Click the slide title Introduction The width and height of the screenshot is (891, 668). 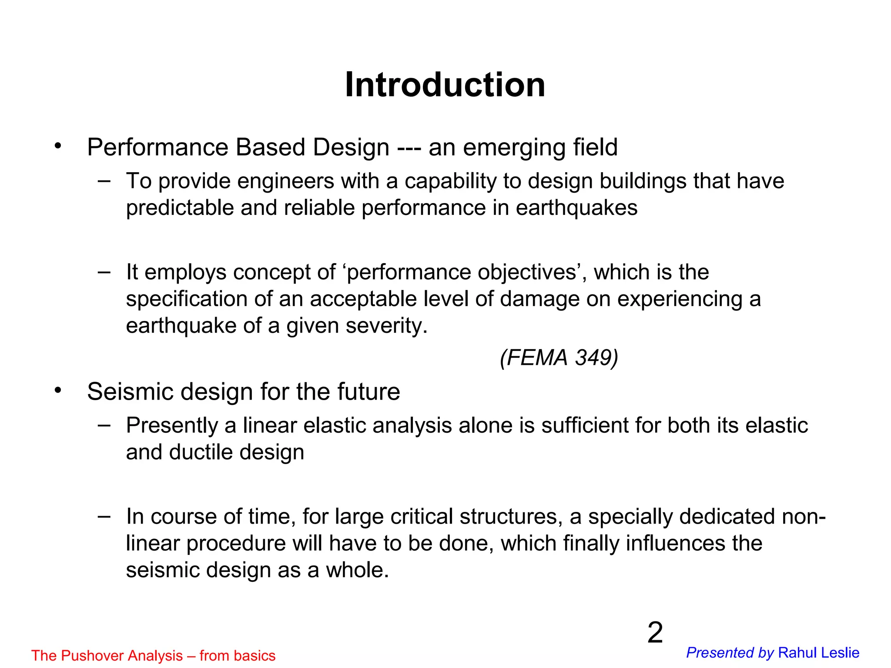point(445,85)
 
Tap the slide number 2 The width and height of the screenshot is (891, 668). point(655,633)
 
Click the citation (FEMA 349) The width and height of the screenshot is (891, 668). point(559,358)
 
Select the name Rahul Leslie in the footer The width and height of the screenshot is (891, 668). point(818,653)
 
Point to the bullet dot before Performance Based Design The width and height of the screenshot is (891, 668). point(58,146)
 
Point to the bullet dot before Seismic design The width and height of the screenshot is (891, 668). point(58,391)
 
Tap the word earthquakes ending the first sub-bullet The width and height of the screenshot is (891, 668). point(576,208)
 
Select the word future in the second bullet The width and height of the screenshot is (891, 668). point(367,391)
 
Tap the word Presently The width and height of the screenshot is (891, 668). point(172,426)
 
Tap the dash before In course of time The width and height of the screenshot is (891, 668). point(104,516)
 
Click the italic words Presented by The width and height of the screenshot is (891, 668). point(730,653)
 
